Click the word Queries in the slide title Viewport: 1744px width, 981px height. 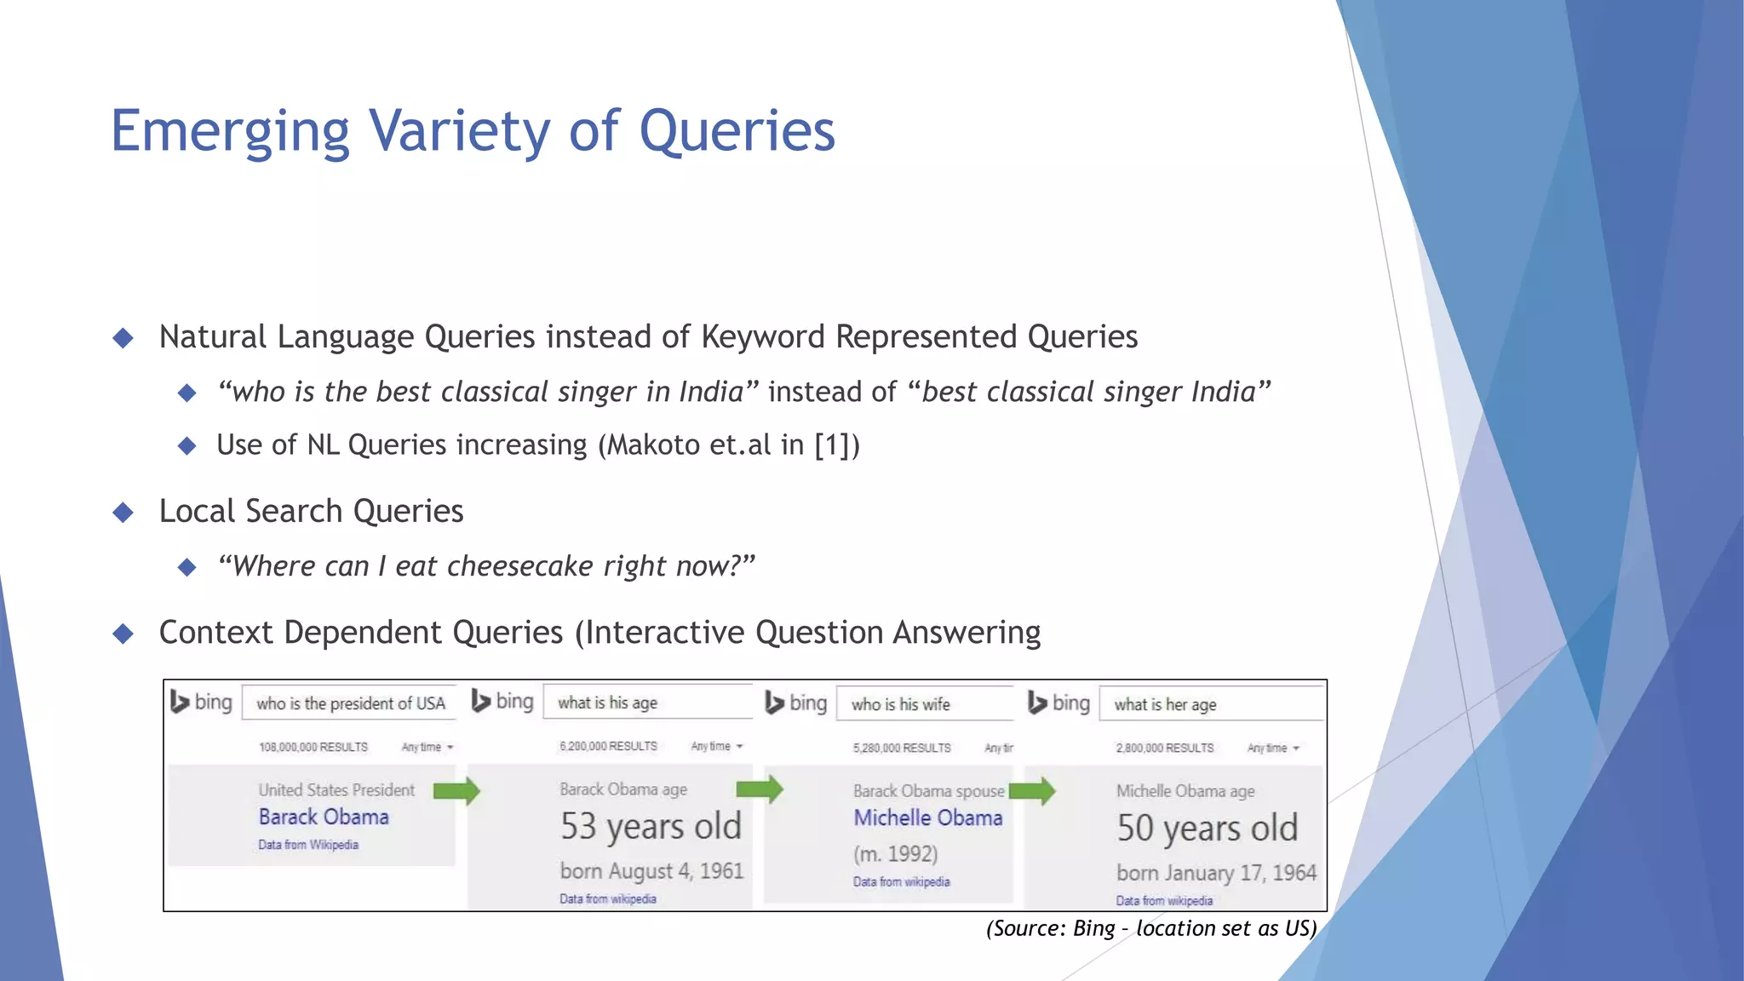(737, 132)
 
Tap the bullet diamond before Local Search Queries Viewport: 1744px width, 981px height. (123, 512)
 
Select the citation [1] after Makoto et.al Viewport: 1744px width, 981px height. (830, 445)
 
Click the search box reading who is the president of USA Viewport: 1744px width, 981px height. (350, 703)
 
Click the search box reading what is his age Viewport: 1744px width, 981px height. (647, 703)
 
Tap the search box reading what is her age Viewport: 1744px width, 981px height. (1209, 704)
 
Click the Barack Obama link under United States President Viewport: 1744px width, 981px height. (324, 817)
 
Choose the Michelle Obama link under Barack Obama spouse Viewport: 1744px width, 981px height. (928, 817)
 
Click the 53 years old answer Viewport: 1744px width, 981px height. (651, 827)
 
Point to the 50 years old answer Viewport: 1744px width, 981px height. (1207, 829)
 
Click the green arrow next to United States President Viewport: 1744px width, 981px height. (456, 791)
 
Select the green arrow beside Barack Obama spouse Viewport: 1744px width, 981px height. (1032, 792)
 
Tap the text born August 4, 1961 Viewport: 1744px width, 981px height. (651, 871)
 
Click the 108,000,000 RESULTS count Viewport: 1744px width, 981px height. (313, 747)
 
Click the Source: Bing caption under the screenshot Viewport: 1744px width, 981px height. (1151, 928)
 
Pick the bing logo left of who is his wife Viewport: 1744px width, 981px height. (796, 703)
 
